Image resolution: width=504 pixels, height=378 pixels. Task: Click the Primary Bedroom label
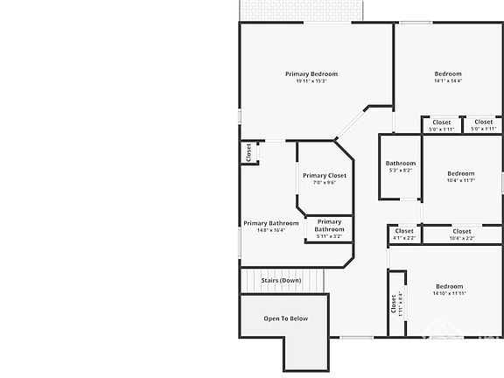[311, 73]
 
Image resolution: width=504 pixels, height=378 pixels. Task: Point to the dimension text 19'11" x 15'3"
[311, 81]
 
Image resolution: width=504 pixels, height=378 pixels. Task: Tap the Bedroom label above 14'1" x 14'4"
[448, 73]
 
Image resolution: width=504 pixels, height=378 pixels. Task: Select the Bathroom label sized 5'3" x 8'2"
[401, 163]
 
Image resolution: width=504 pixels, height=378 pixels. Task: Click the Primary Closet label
[325, 176]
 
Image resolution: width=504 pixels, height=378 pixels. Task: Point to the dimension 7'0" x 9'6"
[325, 183]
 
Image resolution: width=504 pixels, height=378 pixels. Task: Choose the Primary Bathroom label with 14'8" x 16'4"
[271, 223]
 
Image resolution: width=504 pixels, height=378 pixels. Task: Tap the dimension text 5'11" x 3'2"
[330, 236]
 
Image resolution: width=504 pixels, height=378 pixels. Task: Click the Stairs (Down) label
[281, 280]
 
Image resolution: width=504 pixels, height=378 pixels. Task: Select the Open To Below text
[286, 318]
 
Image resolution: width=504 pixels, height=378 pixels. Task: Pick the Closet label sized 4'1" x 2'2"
[404, 231]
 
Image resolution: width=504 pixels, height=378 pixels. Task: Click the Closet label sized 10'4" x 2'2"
[462, 231]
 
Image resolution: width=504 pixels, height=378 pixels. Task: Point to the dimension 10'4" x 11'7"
[461, 180]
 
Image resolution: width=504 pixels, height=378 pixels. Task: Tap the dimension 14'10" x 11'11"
[449, 294]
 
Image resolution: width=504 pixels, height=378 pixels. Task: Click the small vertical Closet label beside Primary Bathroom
[248, 152]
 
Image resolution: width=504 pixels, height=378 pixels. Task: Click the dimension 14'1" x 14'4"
[448, 81]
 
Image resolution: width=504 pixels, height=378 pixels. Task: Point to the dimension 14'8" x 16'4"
[271, 230]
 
